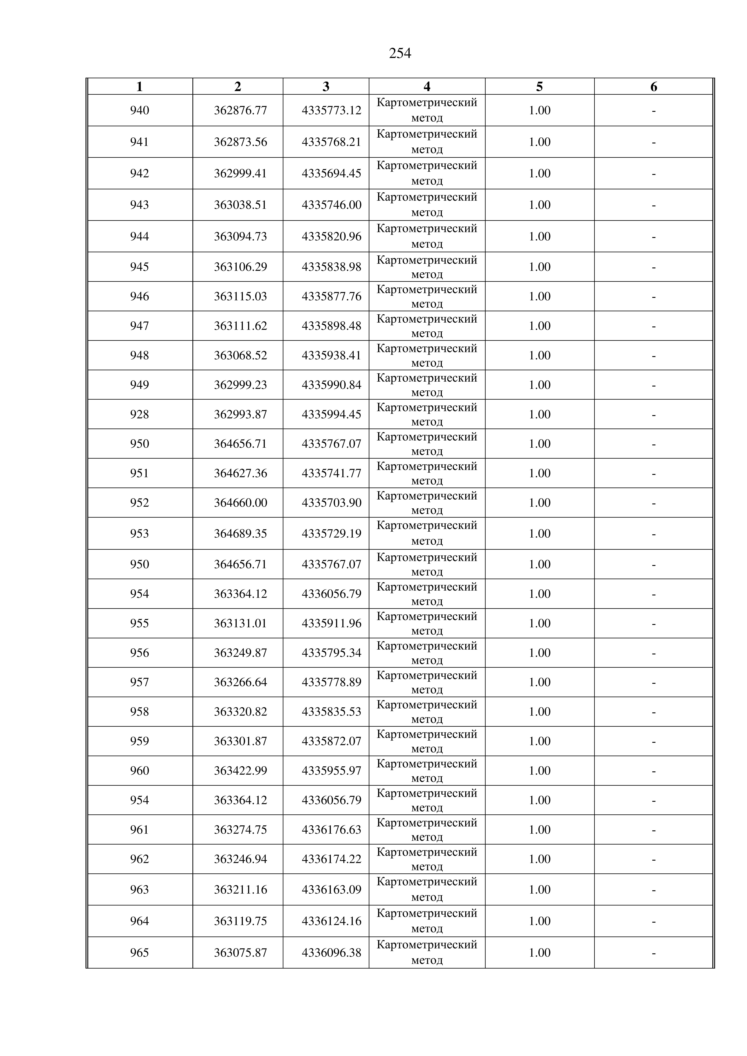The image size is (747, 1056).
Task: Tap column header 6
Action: click(653, 86)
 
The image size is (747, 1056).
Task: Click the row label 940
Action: click(139, 110)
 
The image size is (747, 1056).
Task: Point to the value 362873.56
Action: click(240, 142)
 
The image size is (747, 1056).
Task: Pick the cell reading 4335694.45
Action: click(331, 173)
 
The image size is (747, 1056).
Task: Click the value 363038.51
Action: click(240, 205)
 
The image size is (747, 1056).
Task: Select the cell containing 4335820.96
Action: click(331, 236)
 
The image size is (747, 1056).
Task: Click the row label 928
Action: click(139, 414)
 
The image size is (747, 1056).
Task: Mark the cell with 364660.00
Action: click(240, 503)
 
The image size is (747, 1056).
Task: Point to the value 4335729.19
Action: click(331, 534)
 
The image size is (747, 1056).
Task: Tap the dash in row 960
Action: click(653, 771)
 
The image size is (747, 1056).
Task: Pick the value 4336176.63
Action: click(331, 830)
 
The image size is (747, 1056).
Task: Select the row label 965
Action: click(139, 952)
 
